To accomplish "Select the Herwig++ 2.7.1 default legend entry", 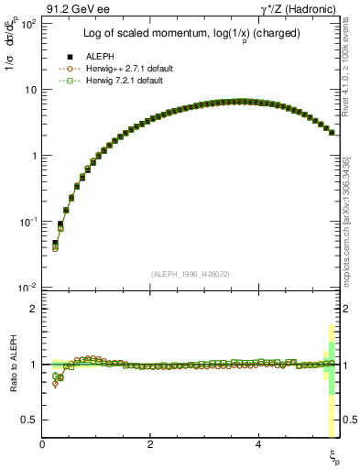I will coord(116,68).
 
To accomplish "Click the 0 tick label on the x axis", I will coord(42,442).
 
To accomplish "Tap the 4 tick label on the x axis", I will coord(259,442).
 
